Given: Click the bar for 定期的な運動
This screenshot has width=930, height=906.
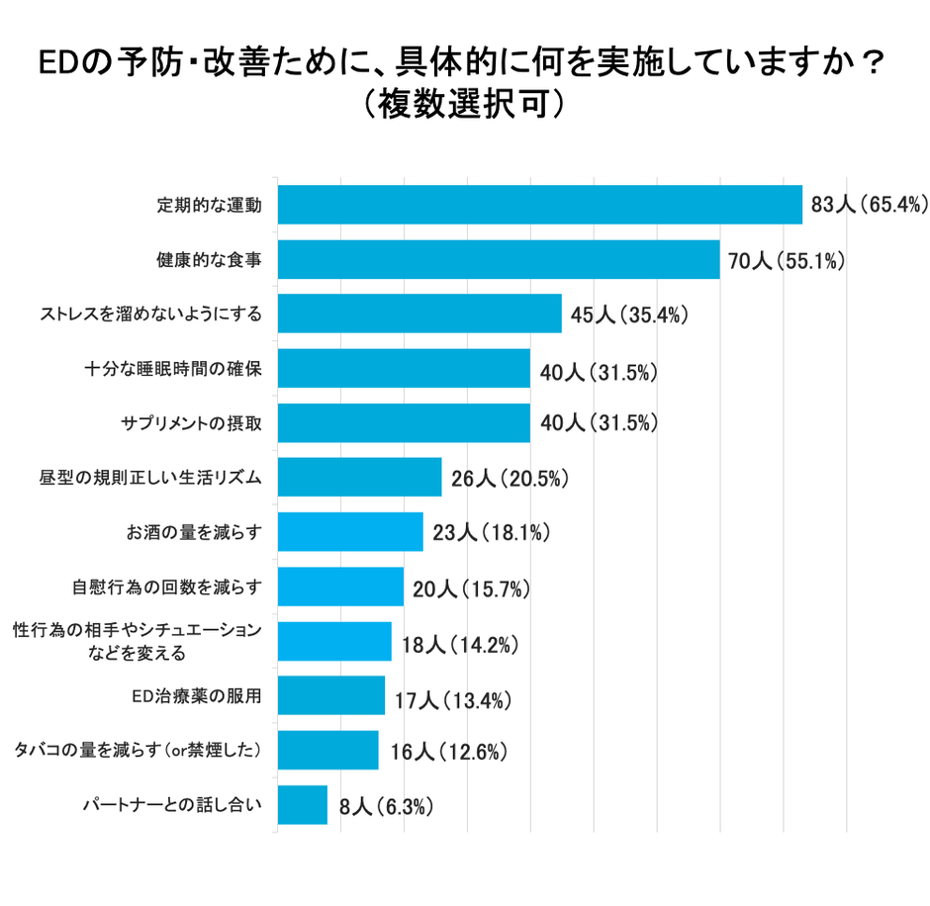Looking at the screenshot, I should (539, 205).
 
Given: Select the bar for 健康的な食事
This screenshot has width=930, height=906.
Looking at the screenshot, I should (498, 259).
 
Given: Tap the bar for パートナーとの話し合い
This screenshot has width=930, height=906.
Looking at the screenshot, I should (302, 805).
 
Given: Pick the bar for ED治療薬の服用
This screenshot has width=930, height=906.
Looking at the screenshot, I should (330, 695).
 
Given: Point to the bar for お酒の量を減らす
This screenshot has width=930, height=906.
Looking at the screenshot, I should (349, 532).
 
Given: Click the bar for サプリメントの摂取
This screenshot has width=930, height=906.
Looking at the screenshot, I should (404, 423).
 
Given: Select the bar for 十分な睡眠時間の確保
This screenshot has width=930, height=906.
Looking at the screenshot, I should (404, 369).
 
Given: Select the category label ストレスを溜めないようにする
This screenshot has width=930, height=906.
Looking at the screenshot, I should (150, 315).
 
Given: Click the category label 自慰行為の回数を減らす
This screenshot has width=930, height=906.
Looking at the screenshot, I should (166, 587).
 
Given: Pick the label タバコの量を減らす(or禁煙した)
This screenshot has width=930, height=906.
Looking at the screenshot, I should (138, 751).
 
